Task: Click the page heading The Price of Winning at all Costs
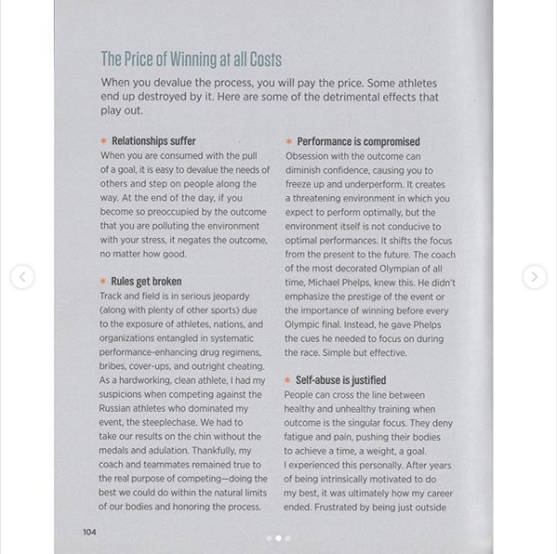tap(190, 59)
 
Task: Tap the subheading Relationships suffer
tap(153, 141)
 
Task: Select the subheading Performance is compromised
tap(357, 141)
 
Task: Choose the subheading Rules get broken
tap(146, 281)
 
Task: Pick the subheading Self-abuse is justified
tap(341, 380)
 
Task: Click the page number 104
tap(89, 532)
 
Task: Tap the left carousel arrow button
tap(22, 277)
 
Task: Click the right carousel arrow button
tap(534, 277)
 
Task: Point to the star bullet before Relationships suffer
tap(103, 141)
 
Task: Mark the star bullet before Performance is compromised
tap(288, 141)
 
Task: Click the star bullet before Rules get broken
tap(103, 281)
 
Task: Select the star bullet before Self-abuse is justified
tap(288, 380)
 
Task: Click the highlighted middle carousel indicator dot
tap(278, 538)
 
